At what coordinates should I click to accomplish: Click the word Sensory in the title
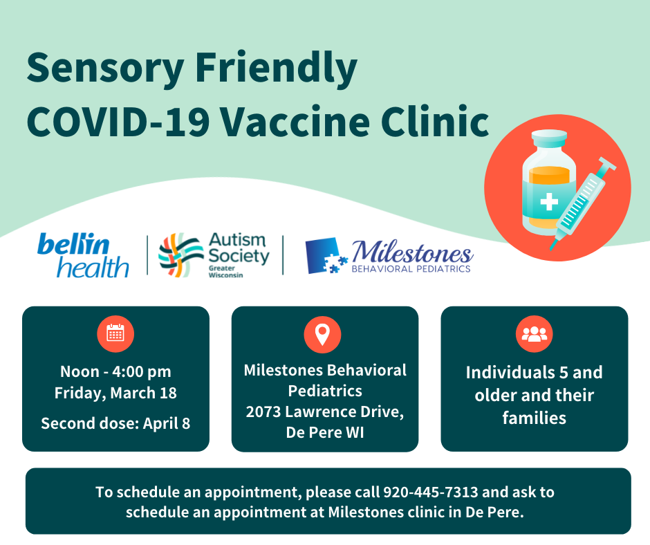[96, 70]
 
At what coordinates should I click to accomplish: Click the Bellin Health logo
[84, 255]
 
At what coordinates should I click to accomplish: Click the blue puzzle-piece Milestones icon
[326, 255]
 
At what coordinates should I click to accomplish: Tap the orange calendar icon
[115, 335]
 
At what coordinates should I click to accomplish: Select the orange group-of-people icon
[534, 335]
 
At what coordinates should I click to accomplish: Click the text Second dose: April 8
[115, 423]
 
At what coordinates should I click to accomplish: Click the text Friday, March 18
[115, 393]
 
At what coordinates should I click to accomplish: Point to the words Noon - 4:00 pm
[115, 372]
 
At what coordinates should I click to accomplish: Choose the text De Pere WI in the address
[325, 432]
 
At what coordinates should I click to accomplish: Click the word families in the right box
[534, 418]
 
